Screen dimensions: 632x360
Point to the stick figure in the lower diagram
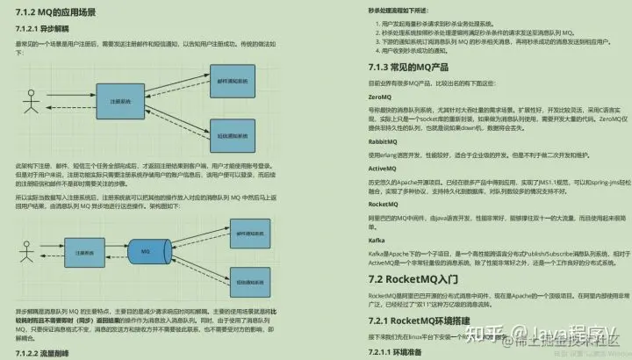[x=27, y=255]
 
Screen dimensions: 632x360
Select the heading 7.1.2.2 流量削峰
[x=47, y=353]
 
